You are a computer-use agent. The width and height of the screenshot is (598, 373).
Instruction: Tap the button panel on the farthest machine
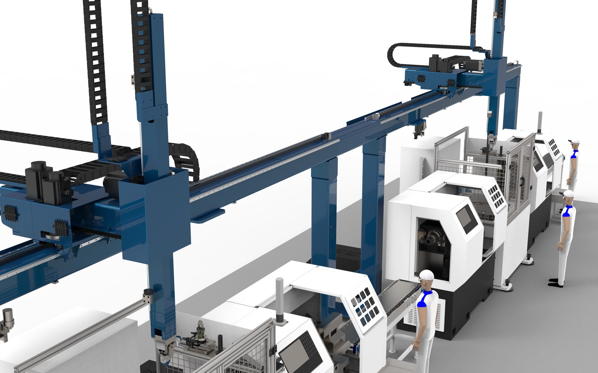point(554,146)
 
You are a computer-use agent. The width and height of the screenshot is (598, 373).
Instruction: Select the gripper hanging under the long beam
point(419,130)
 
